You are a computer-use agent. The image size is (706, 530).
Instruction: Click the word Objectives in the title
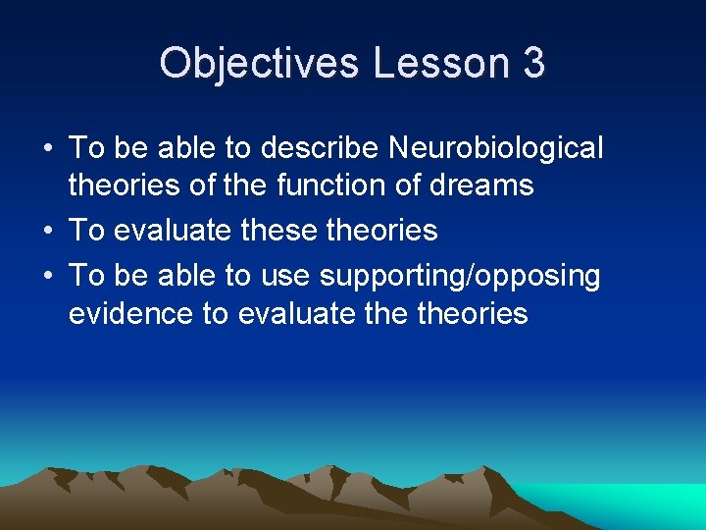coord(259,64)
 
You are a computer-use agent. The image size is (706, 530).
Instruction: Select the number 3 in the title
coord(533,64)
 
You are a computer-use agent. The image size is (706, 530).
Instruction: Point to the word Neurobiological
coord(496,148)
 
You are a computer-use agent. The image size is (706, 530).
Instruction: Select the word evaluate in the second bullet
coord(176,231)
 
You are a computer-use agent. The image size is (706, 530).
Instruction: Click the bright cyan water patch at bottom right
coord(647,505)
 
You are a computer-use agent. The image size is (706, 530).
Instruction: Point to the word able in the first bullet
coord(188,148)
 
